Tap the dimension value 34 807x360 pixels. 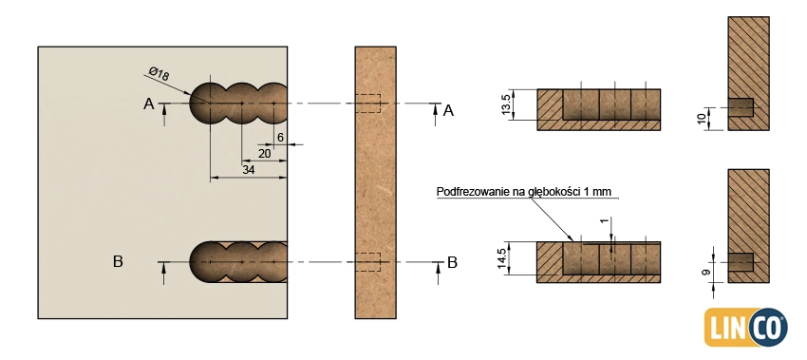[x=249, y=169]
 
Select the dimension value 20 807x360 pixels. [x=265, y=154]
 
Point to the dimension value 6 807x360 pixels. [x=280, y=138]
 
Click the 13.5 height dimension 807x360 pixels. [x=508, y=104]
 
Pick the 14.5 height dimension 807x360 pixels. [x=508, y=258]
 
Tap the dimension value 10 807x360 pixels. [x=702, y=119]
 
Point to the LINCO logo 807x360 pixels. [x=745, y=327]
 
